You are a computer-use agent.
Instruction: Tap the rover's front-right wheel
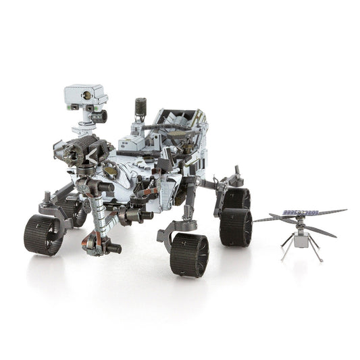[x=189, y=255]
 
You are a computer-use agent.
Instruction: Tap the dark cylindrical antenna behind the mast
[x=140, y=106]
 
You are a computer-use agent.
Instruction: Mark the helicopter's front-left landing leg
[x=285, y=251]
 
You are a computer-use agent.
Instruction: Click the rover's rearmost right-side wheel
[x=238, y=198]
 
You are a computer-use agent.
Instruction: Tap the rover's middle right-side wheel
[x=235, y=226]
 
